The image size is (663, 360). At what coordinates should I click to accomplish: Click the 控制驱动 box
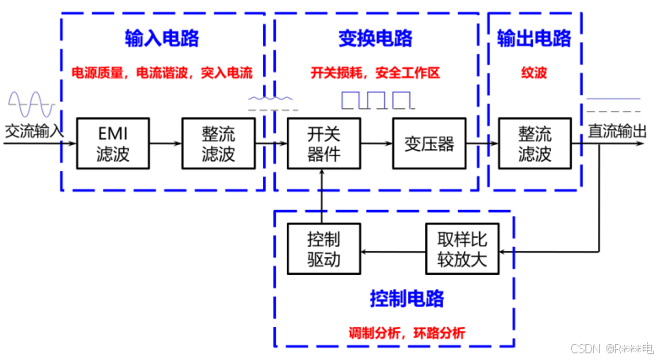323,250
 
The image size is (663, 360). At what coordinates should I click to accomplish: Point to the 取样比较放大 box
456,250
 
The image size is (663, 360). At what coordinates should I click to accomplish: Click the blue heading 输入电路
159,40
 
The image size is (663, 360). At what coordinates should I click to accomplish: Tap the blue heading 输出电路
534,39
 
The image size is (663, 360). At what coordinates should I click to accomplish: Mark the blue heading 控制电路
407,298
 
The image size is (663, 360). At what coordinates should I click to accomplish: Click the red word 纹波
534,73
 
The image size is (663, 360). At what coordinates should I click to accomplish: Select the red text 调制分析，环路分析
407,332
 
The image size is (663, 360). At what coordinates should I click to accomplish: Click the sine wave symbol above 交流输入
31,104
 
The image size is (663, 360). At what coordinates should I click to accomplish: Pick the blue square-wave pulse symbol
377,101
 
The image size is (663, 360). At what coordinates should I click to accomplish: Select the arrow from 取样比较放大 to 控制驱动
393,250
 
